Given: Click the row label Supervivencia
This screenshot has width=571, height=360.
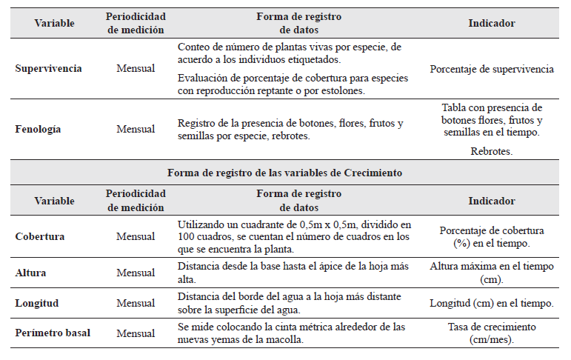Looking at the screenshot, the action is (x=48, y=69).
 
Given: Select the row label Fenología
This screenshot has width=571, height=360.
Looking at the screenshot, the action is (x=38, y=129).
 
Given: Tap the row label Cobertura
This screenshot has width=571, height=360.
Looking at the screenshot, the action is (x=39, y=237).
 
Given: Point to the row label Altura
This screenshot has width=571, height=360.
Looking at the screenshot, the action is (x=30, y=273).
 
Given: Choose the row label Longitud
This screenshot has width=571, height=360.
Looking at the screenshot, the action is (x=36, y=303).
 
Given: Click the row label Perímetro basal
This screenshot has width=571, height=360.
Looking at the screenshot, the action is (x=53, y=333).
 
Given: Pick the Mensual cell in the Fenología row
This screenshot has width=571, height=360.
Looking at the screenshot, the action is (x=136, y=129).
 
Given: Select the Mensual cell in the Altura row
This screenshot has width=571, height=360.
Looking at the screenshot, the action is (x=136, y=273).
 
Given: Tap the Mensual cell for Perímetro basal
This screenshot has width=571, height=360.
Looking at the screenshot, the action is (x=136, y=333).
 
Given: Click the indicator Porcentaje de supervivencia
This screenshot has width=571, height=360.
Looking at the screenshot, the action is (x=491, y=69).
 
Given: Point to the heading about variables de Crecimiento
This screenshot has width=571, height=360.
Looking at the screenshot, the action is (x=285, y=173).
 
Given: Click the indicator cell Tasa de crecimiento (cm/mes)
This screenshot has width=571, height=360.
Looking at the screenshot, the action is (x=491, y=333).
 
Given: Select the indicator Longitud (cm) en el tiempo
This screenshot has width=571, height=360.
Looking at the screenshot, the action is (x=491, y=303).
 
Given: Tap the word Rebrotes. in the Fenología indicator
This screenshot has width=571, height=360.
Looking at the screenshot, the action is (x=491, y=151).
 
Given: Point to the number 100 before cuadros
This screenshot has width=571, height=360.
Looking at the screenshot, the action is (x=186, y=237).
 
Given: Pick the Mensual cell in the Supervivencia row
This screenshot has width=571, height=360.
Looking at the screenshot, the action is (x=136, y=69).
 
